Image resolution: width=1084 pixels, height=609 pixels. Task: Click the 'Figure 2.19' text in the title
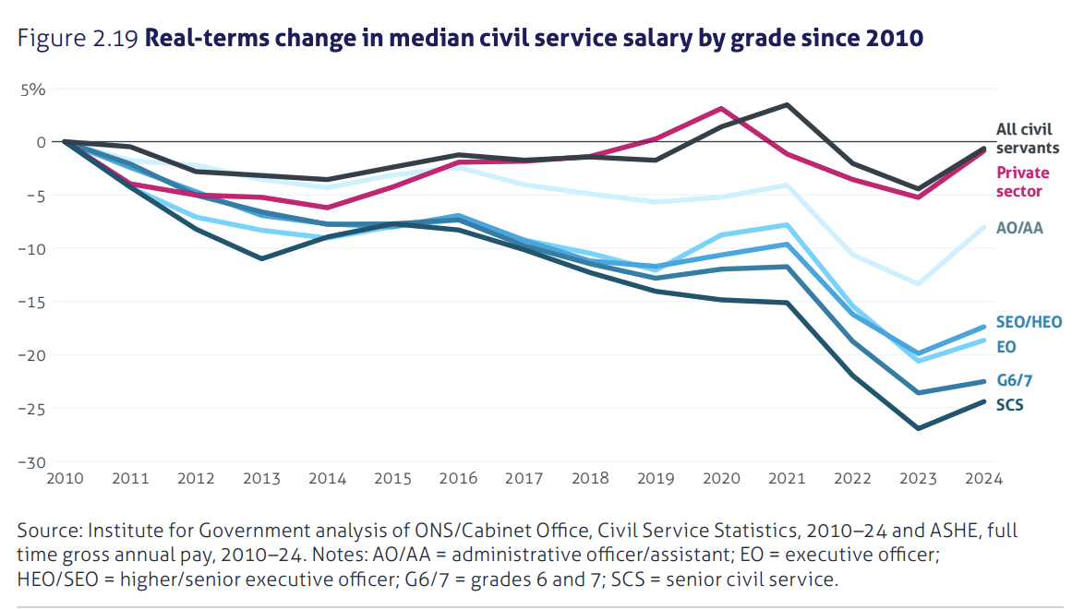pos(78,40)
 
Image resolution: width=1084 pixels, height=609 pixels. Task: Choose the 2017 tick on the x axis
pos(524,480)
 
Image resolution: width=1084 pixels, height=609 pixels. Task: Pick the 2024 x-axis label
pos(983,480)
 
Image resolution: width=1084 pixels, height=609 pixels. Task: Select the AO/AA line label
pos(1018,228)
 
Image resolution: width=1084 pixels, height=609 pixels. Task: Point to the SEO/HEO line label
pos(1029,322)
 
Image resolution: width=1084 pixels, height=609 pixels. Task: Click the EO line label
pos(1006,347)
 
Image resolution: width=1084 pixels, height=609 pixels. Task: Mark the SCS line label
pos(1009,404)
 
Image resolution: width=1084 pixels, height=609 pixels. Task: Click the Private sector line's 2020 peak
pos(721,108)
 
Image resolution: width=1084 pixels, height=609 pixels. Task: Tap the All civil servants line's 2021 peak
pos(787,104)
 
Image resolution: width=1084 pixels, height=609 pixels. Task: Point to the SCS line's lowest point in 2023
pos(918,428)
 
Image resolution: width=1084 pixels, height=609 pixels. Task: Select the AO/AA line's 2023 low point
pos(918,283)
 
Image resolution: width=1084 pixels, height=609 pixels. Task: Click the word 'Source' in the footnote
pos(49,532)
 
